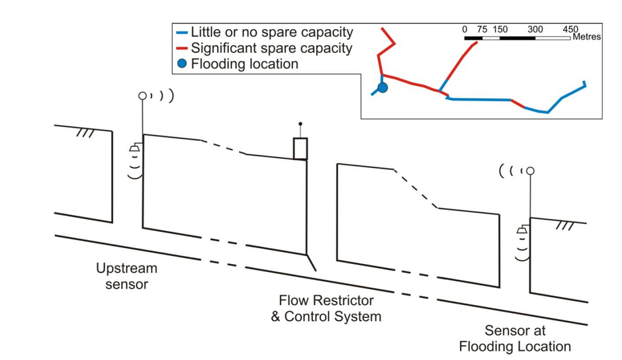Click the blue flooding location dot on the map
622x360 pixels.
[x=382, y=88]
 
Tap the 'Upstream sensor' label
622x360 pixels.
[x=126, y=276]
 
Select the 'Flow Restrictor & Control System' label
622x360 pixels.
[x=326, y=308]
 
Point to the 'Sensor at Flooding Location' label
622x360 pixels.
[x=515, y=338]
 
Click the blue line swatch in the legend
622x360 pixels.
[x=182, y=32]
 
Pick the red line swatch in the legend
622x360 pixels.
[x=182, y=48]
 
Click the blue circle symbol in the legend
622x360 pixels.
[x=182, y=64]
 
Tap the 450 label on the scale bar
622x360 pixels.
[x=570, y=29]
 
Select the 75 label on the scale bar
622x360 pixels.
[x=482, y=29]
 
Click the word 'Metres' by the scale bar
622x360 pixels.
[x=587, y=37]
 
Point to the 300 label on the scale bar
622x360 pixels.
[x=535, y=29]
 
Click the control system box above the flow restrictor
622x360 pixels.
[x=300, y=149]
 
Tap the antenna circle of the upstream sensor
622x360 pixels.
[x=142, y=96]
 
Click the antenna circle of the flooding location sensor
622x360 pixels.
[x=531, y=171]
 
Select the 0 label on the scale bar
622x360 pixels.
[x=465, y=29]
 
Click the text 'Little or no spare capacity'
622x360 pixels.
[x=272, y=32]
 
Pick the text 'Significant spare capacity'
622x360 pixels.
[x=272, y=48]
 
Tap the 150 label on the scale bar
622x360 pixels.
[x=500, y=29]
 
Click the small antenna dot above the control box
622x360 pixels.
[x=300, y=124]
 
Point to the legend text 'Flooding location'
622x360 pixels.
[x=245, y=64]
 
